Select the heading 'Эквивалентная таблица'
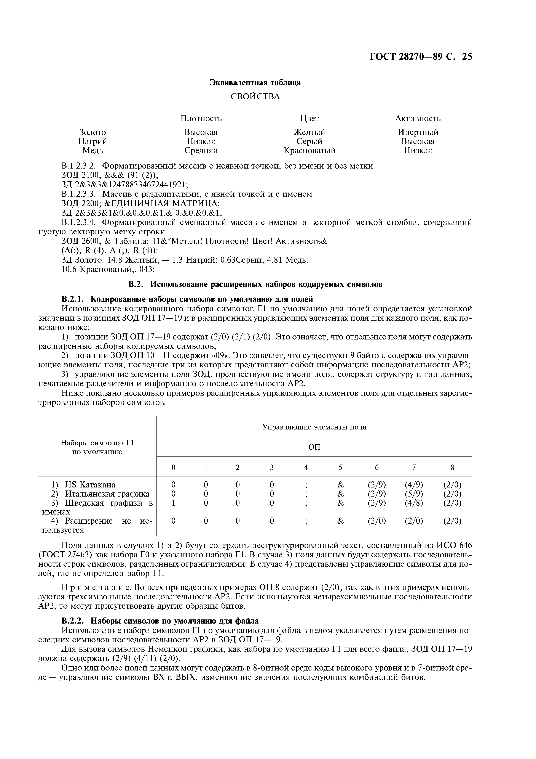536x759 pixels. [x=255, y=83]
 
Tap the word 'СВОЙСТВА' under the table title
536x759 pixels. [x=255, y=96]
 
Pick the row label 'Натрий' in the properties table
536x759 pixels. [x=93, y=142]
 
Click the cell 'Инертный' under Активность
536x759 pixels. [x=418, y=132]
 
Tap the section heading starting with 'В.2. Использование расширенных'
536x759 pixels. [x=255, y=284]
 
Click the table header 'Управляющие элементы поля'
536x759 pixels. [x=314, y=427]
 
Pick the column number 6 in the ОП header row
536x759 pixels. [x=376, y=467]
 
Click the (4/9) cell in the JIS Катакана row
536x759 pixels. [x=414, y=485]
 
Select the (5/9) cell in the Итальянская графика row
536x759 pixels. [x=414, y=494]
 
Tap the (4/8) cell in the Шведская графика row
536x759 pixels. [x=414, y=503]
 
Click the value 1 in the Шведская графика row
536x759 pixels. [x=173, y=503]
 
